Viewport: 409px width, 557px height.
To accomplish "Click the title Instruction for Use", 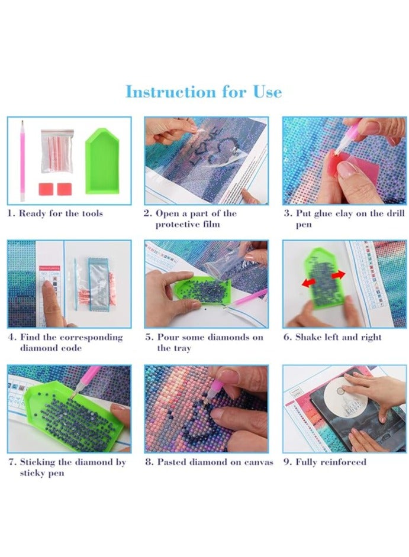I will (x=204, y=92).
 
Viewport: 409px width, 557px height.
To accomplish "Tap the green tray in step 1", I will (x=102, y=163).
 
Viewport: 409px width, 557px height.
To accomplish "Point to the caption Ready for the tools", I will (x=55, y=213).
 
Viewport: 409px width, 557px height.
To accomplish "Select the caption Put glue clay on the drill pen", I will (x=344, y=219).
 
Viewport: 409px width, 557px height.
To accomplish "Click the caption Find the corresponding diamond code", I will (x=65, y=342).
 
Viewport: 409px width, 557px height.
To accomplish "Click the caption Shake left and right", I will (x=333, y=338).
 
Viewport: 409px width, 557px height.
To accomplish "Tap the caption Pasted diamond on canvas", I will (x=209, y=462).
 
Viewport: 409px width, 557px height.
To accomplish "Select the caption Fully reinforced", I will (x=324, y=462).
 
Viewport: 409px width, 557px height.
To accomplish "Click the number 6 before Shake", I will (x=286, y=338).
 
